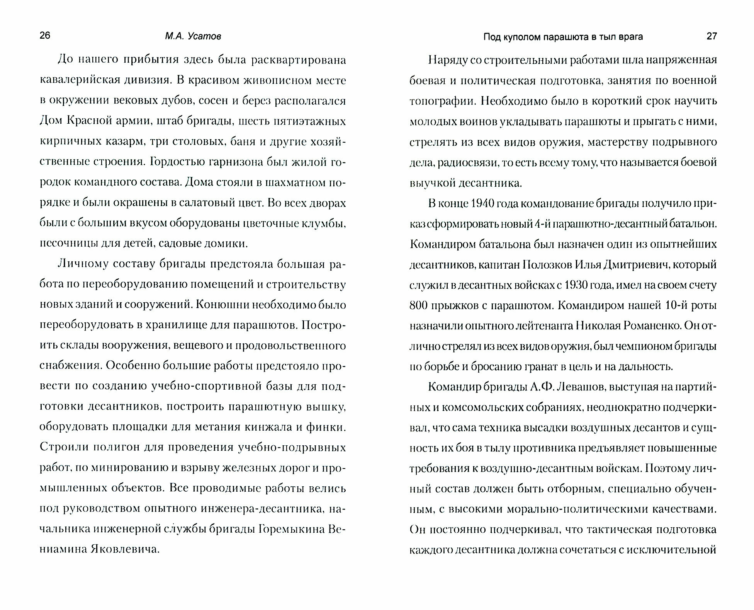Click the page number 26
[45, 36]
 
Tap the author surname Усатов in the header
[204, 36]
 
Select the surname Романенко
[650, 326]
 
